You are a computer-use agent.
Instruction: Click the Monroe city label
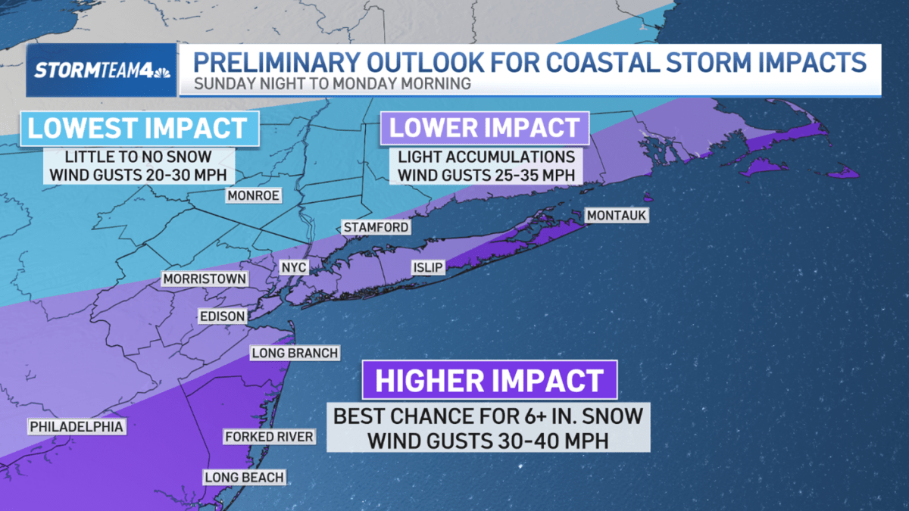[253, 196]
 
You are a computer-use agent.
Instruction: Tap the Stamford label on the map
[376, 227]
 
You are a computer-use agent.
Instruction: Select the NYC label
[293, 268]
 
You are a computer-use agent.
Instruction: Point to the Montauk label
[617, 216]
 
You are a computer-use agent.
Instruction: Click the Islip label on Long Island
[428, 267]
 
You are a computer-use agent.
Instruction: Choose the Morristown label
[205, 279]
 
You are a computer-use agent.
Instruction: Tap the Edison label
[222, 316]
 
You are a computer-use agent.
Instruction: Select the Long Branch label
[295, 354]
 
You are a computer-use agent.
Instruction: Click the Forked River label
[268, 437]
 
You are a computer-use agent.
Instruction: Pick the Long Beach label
[244, 477]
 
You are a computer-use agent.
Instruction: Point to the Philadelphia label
[76, 427]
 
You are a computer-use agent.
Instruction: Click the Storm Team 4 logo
[102, 70]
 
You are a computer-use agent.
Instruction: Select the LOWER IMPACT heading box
[484, 128]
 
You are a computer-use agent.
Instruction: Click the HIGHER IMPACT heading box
[489, 380]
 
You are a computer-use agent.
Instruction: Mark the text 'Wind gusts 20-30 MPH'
[139, 176]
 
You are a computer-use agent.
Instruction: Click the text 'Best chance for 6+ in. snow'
[489, 416]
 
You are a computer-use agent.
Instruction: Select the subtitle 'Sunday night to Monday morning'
[333, 83]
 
